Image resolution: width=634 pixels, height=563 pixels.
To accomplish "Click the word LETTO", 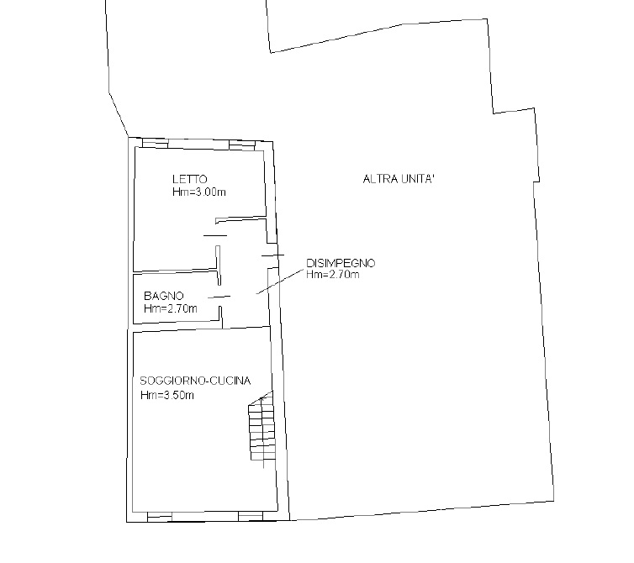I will tap(189, 179).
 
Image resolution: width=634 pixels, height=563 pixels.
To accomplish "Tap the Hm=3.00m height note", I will tap(199, 192).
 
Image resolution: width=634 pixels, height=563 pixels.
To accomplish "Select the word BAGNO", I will tap(163, 296).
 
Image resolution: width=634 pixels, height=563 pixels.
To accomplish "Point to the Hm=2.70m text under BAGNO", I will tap(171, 308).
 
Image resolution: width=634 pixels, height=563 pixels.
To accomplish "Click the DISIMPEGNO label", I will tap(341, 263).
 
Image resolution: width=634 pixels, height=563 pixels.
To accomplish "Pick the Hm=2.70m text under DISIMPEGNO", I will tap(333, 275).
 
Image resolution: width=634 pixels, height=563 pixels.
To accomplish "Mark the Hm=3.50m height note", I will tap(167, 395).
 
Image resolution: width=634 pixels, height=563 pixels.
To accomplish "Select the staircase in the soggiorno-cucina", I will tap(262, 428).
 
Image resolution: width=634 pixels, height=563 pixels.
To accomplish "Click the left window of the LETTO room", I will tap(155, 143).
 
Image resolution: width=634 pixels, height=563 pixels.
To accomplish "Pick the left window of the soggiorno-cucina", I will tap(160, 515).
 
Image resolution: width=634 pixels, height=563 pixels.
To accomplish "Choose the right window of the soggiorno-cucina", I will tap(251, 515).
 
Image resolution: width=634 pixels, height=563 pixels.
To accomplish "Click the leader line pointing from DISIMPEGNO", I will tap(280, 281).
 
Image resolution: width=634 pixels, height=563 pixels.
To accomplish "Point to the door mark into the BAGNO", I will tap(219, 297).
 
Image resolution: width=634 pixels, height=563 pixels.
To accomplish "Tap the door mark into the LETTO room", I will tap(215, 236).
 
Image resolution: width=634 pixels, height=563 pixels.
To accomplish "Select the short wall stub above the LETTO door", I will tap(241, 219).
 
